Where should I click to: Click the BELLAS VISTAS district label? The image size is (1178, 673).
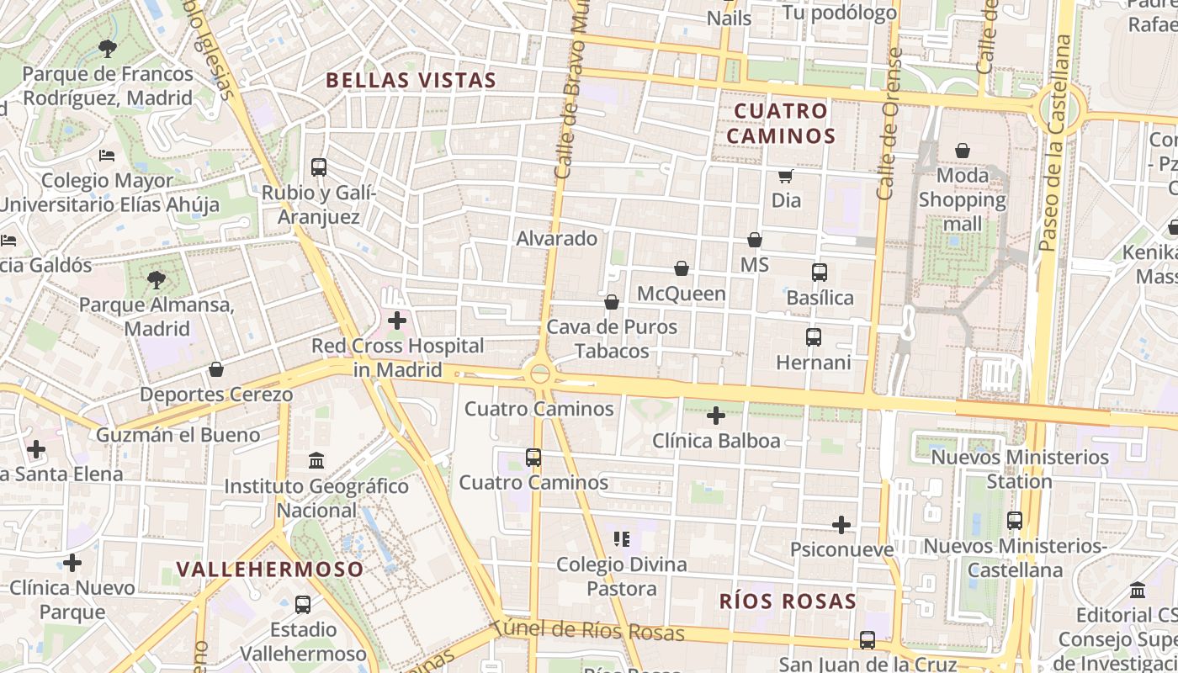[x=411, y=81]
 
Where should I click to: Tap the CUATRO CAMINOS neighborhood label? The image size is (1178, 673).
[x=781, y=124]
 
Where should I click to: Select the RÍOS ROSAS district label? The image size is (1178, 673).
[x=788, y=601]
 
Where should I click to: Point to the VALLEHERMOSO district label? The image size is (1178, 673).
[x=270, y=570]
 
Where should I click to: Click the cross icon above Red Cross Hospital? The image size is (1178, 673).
[x=396, y=321]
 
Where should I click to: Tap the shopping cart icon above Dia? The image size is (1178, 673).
[x=786, y=176]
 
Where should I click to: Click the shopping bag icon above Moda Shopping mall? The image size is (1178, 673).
[x=962, y=151]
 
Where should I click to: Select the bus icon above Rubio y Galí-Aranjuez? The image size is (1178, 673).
[x=318, y=167]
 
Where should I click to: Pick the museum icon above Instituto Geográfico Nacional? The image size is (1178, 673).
[x=316, y=460]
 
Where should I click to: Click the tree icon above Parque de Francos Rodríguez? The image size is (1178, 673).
[x=107, y=48]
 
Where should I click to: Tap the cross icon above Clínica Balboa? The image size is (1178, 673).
[x=716, y=416]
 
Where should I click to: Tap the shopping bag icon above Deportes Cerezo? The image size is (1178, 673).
[x=216, y=369]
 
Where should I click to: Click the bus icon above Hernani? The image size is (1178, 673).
[x=813, y=337]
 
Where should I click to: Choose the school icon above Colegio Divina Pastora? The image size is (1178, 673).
[x=621, y=538]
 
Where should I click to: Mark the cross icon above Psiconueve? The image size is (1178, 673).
[x=841, y=525]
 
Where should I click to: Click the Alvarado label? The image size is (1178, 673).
[x=556, y=239]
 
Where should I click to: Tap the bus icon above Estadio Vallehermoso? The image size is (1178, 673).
[x=303, y=604]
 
